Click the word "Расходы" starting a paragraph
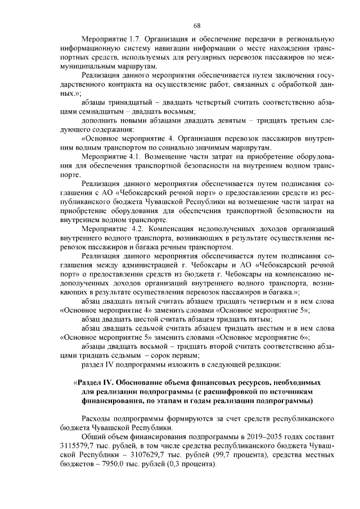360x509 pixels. (x=98, y=417)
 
